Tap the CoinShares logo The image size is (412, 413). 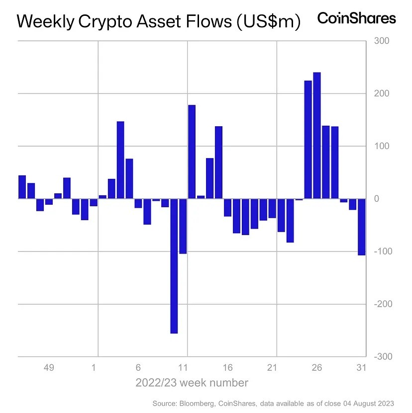pos(356,18)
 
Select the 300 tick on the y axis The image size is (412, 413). pos(382,41)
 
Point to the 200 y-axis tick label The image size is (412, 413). pos(382,93)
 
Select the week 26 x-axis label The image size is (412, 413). pos(316,368)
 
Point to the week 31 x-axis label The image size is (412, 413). pos(361,368)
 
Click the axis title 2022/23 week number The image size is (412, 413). pos(192,383)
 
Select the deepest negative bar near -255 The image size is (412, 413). pos(174,266)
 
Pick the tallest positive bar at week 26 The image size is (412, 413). pos(317,136)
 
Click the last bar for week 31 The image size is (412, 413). pos(362,227)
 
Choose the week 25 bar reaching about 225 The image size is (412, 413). pos(308,140)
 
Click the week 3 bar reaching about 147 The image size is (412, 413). pos(120,160)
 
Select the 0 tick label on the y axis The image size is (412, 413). pos(377,199)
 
